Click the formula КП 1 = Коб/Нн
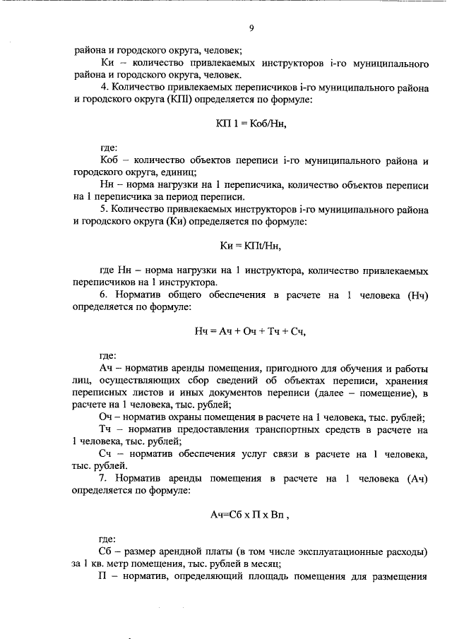[x=251, y=124]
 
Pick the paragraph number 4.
[x=102, y=88]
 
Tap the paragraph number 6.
[x=102, y=295]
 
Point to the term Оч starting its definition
[x=106, y=417]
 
